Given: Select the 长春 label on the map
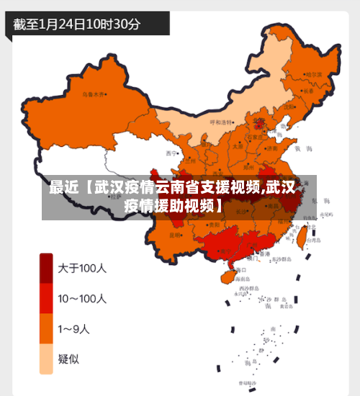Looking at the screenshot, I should (x=308, y=91).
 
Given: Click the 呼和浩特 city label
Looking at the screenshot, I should (x=222, y=122).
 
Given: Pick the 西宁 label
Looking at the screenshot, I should (x=171, y=153).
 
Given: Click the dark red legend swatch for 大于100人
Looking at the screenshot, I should (x=46, y=269).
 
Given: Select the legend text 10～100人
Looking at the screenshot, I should (x=83, y=298).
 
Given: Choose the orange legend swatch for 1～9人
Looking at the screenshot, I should (x=46, y=329).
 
